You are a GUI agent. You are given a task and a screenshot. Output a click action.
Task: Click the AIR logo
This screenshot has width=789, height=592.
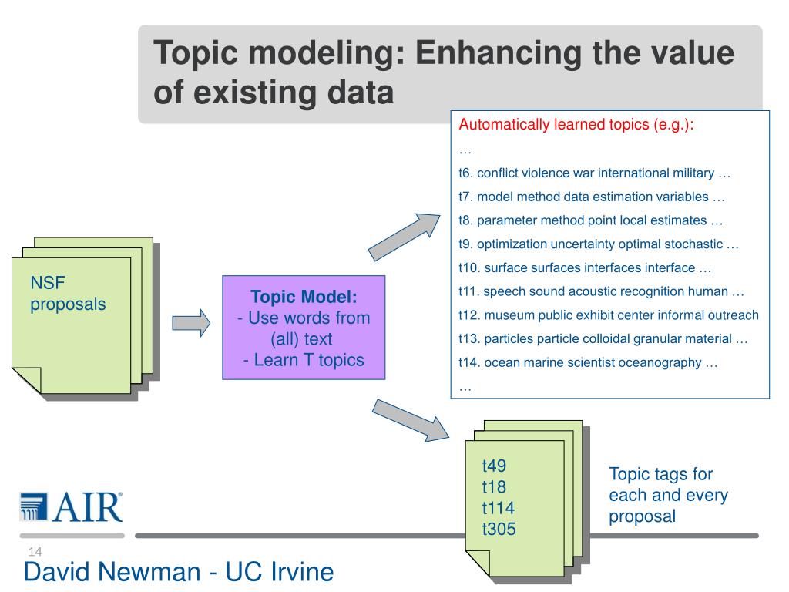pos(71,506)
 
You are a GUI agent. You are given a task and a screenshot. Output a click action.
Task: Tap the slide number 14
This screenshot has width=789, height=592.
pos(34,551)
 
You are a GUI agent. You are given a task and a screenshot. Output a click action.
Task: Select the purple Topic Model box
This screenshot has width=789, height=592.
pos(304,328)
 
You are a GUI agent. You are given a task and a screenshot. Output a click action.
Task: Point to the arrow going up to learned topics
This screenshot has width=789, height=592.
pos(403,236)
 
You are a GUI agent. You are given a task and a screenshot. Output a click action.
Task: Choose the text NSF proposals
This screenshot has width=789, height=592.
pos(68,294)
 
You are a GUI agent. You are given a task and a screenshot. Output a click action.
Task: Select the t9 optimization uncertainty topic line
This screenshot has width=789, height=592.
pos(598,244)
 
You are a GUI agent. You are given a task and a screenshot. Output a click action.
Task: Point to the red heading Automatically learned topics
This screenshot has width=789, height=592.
pos(576,125)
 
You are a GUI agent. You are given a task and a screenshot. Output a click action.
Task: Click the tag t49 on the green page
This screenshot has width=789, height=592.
pos(494,466)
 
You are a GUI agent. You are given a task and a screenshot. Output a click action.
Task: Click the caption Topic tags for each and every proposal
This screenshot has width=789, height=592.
pos(668,495)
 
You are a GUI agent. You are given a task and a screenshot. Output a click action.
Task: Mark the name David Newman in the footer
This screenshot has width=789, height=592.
pos(113,572)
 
